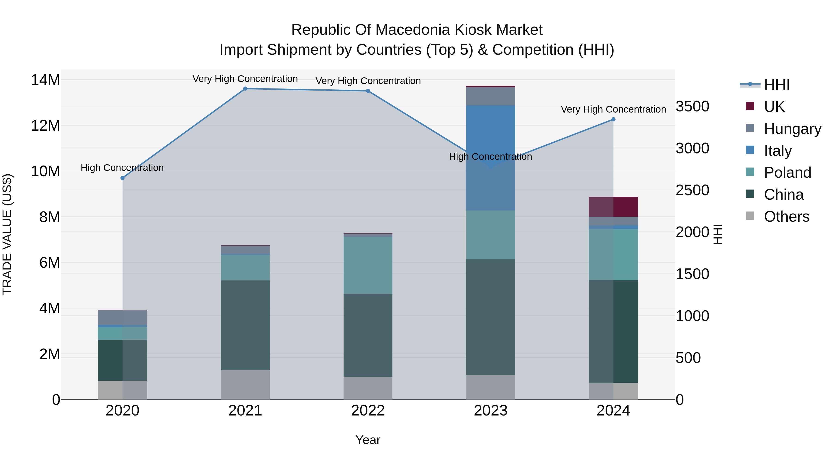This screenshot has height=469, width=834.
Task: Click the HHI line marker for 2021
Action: [245, 89]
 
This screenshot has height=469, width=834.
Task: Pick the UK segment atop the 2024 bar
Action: [613, 207]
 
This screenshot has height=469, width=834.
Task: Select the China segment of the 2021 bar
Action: [245, 325]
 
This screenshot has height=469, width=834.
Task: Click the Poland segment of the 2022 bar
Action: [368, 265]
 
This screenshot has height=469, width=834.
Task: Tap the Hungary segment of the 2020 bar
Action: [122, 318]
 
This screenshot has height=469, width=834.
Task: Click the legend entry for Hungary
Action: [792, 129]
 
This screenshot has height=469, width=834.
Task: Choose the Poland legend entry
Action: [787, 173]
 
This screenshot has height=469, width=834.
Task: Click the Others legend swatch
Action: [750, 216]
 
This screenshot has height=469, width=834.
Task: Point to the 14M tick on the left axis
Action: [45, 80]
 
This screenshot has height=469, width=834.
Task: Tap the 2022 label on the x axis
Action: [368, 411]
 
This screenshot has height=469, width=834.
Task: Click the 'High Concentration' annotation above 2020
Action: [122, 168]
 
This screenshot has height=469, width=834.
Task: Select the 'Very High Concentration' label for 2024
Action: [613, 109]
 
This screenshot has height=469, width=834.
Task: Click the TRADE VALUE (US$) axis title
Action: [7, 234]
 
